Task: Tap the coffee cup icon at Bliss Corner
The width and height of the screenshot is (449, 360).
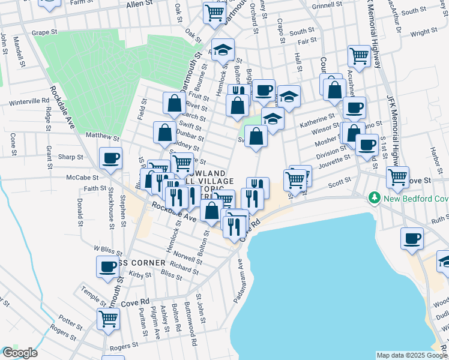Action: tap(108, 267)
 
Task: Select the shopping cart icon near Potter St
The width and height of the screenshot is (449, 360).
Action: tap(108, 319)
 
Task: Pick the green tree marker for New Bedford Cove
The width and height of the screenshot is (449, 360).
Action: tap(375, 197)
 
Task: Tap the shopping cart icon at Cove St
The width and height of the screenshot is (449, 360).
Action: tap(397, 177)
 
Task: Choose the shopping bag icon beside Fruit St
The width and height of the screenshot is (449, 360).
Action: tap(174, 104)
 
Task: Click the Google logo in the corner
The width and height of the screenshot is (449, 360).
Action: tap(19, 353)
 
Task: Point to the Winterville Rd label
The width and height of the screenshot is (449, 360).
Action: tap(28, 102)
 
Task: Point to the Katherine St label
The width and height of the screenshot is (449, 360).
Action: tap(321, 118)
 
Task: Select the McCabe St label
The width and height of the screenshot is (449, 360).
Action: tap(82, 178)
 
